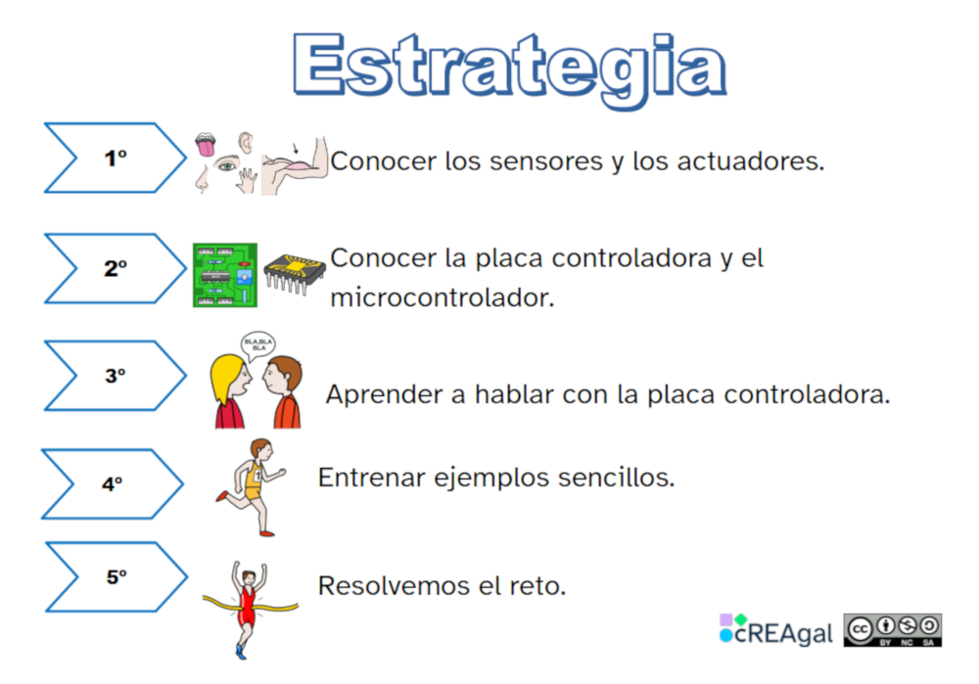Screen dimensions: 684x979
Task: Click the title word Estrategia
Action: pyautogui.click(x=508, y=67)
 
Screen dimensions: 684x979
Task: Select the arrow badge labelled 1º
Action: pyautogui.click(x=116, y=158)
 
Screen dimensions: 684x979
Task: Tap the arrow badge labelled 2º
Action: pyautogui.click(x=116, y=268)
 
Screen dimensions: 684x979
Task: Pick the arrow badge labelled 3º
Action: pyautogui.click(x=116, y=375)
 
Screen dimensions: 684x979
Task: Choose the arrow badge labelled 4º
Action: pyautogui.click(x=113, y=482)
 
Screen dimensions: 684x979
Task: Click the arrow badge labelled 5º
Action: pyautogui.click(x=117, y=576)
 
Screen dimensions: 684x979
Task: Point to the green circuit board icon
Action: pyautogui.click(x=225, y=275)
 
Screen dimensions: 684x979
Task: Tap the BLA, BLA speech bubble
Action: pyautogui.click(x=258, y=344)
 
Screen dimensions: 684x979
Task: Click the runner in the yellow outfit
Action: pyautogui.click(x=254, y=484)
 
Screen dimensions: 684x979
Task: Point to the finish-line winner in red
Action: pyautogui.click(x=250, y=607)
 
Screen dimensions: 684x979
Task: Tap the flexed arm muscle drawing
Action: pyautogui.click(x=294, y=164)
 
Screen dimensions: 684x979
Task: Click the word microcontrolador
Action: pyautogui.click(x=443, y=297)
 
